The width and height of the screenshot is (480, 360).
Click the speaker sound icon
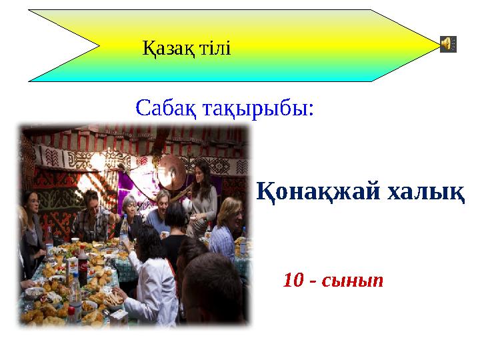[449, 44]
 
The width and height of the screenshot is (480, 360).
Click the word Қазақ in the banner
[166, 48]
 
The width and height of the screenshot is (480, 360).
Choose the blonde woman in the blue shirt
[227, 227]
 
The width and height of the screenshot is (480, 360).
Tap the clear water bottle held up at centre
[123, 230]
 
